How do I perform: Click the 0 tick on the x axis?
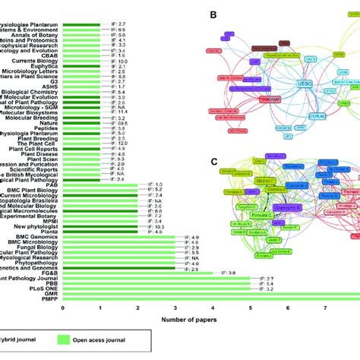coord(63,309)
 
